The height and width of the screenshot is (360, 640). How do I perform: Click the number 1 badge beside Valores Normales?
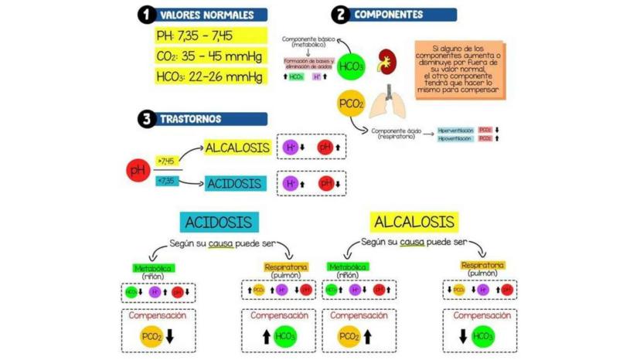coord(145,15)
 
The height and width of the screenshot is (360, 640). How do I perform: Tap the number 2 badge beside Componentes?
coord(339,15)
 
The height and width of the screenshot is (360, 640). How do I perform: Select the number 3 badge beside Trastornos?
coord(145,119)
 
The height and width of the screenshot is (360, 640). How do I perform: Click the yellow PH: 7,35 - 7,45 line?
coord(194,36)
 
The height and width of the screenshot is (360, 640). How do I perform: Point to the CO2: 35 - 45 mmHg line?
coord(209,56)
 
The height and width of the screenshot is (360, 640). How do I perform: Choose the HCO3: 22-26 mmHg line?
coord(209,76)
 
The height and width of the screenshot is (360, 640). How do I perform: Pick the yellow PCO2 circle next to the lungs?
coord(351,103)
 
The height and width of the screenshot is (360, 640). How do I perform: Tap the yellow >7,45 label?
coord(166,161)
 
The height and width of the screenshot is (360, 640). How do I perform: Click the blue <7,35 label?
coord(166,181)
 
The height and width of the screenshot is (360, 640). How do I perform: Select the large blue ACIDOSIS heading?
coord(219,222)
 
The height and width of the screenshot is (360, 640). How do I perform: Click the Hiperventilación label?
coord(455,131)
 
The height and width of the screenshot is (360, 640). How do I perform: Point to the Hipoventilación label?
coord(455,139)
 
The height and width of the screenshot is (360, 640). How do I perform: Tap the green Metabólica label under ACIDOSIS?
coord(154,268)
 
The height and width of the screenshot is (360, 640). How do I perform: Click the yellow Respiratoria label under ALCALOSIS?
coord(482,265)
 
